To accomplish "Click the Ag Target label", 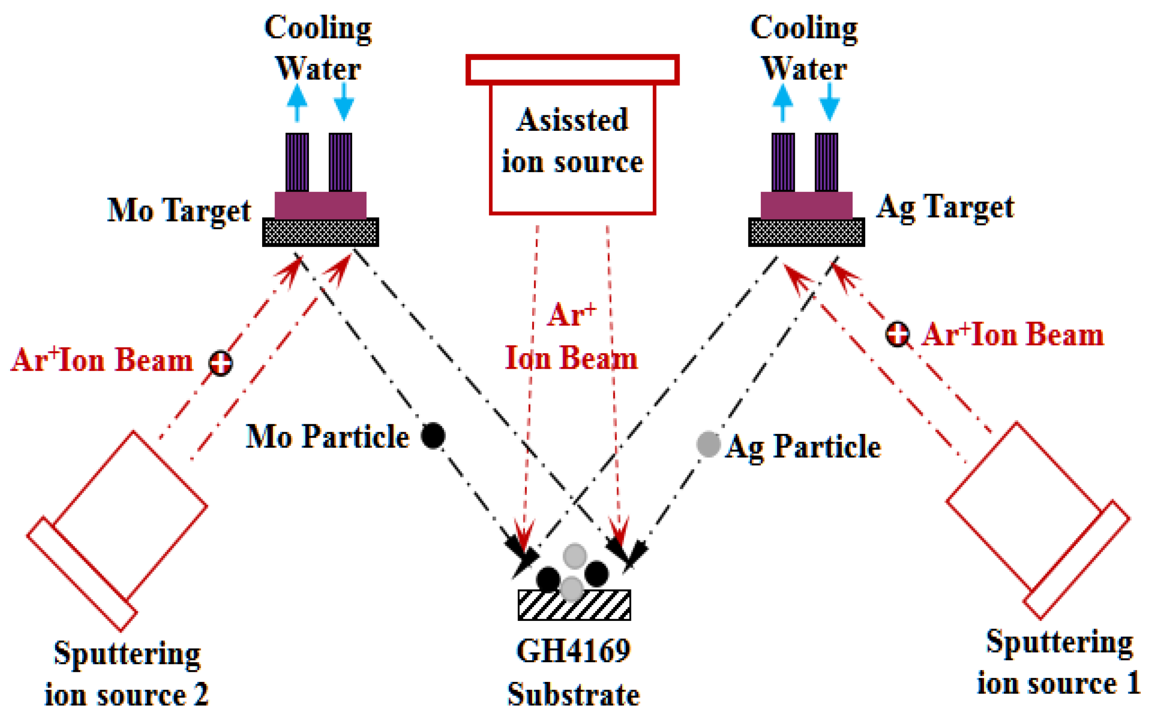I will [945, 207].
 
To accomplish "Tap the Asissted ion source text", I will [572, 141].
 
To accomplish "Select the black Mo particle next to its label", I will [433, 435].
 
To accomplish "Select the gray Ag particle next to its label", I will [708, 444].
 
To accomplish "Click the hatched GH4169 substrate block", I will [574, 605].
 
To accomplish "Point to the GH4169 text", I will [573, 651].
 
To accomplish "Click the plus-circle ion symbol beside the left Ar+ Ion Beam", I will [220, 363].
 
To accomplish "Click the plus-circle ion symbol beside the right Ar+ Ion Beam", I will [897, 334].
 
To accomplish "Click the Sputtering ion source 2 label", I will [127, 674].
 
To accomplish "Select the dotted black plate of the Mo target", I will [320, 232].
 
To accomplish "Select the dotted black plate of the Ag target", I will [806, 232].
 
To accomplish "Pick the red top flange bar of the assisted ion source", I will [572, 70].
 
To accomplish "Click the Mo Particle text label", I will [327, 436].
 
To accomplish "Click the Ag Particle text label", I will [804, 446].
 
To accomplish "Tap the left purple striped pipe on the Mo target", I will [297, 162].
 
